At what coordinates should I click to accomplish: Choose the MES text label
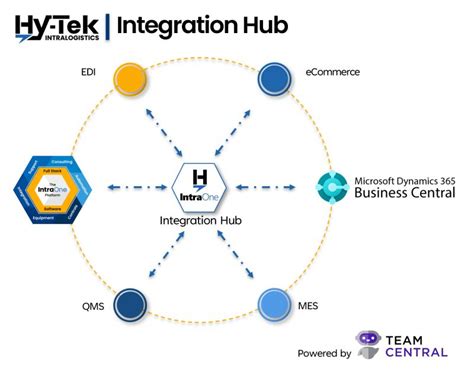point(312,306)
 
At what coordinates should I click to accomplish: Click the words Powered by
point(324,353)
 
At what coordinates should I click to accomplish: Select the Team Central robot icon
point(371,346)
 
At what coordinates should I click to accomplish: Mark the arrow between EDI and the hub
point(163,129)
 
